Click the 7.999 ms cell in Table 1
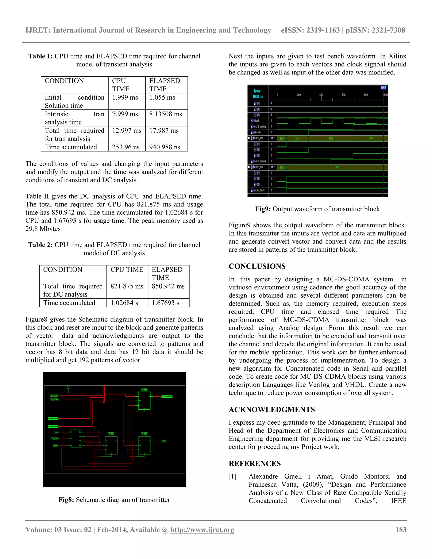(125, 114)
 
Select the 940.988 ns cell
(165, 147)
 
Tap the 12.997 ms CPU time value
(126, 131)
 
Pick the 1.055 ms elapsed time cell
(162, 97)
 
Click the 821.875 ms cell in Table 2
(127, 286)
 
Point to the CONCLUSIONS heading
(257, 266)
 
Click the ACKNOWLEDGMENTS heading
(271, 409)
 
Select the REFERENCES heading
(255, 463)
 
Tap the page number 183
(401, 529)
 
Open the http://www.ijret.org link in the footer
(202, 529)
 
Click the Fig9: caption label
(263, 209)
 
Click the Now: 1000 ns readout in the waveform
(258, 94)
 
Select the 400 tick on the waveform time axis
(321, 95)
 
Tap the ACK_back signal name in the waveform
(259, 190)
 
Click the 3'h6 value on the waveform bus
(331, 138)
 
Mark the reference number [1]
(232, 476)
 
